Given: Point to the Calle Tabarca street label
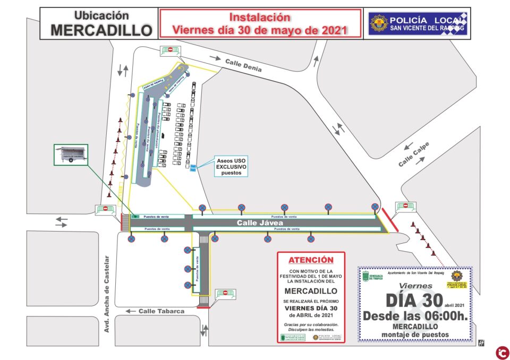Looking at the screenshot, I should (161, 311).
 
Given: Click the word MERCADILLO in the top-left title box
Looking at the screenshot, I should (101, 30).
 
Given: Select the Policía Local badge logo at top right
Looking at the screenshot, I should (379, 23).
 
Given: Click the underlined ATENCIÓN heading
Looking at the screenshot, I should (311, 260).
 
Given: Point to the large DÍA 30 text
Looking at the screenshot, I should (413, 300).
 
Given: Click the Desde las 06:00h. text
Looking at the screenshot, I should (415, 315).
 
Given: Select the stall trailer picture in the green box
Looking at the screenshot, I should (71, 157).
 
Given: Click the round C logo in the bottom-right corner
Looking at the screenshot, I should (501, 352).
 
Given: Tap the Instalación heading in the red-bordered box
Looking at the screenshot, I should (259, 18).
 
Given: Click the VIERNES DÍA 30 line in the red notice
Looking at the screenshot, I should (311, 308).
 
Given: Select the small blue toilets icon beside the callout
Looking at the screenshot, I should (193, 168).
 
